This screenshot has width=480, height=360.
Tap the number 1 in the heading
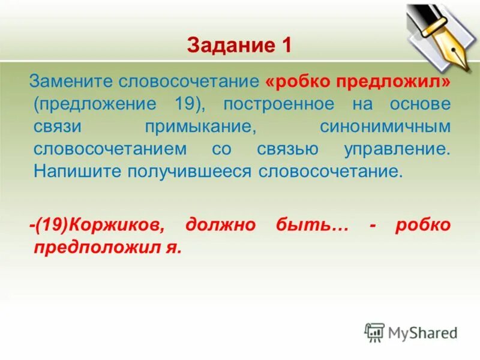click(x=284, y=46)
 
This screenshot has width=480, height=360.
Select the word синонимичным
click(x=386, y=126)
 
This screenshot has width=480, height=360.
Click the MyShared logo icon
click(x=374, y=332)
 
